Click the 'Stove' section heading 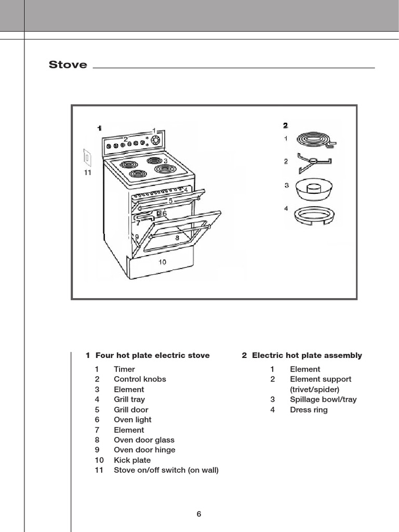click(x=68, y=65)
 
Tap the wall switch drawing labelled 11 click(x=87, y=157)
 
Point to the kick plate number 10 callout click(x=163, y=262)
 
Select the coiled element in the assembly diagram click(x=316, y=139)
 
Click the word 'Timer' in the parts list click(x=124, y=369)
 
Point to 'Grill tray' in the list click(x=129, y=400)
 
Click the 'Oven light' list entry click(x=132, y=420)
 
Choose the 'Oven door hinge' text click(x=144, y=450)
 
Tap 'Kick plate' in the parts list click(x=132, y=460)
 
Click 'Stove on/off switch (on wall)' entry click(x=166, y=470)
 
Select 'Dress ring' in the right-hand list click(x=309, y=410)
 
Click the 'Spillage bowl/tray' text click(x=323, y=400)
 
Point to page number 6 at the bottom click(x=199, y=514)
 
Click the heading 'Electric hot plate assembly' click(x=307, y=355)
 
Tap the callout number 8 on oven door click(x=177, y=237)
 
